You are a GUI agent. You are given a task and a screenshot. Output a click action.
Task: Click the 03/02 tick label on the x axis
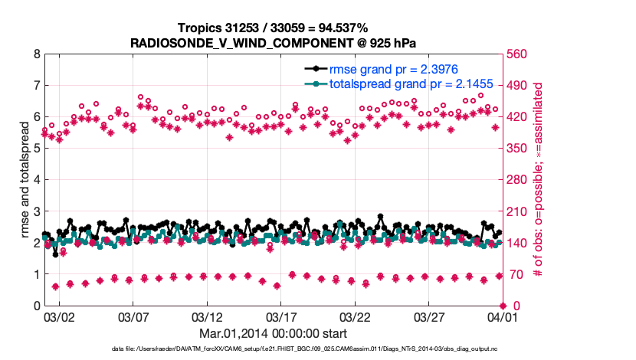59,316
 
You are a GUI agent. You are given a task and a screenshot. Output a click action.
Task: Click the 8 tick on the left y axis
36,54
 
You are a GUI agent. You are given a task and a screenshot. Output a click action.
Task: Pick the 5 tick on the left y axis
36,149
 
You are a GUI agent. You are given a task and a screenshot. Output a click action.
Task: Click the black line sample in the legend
315,68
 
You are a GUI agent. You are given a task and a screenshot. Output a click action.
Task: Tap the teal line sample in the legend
315,83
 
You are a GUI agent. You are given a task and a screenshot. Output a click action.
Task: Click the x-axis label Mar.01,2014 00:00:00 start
273,333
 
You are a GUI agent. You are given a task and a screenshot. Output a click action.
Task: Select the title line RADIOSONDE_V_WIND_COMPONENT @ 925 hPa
273,43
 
